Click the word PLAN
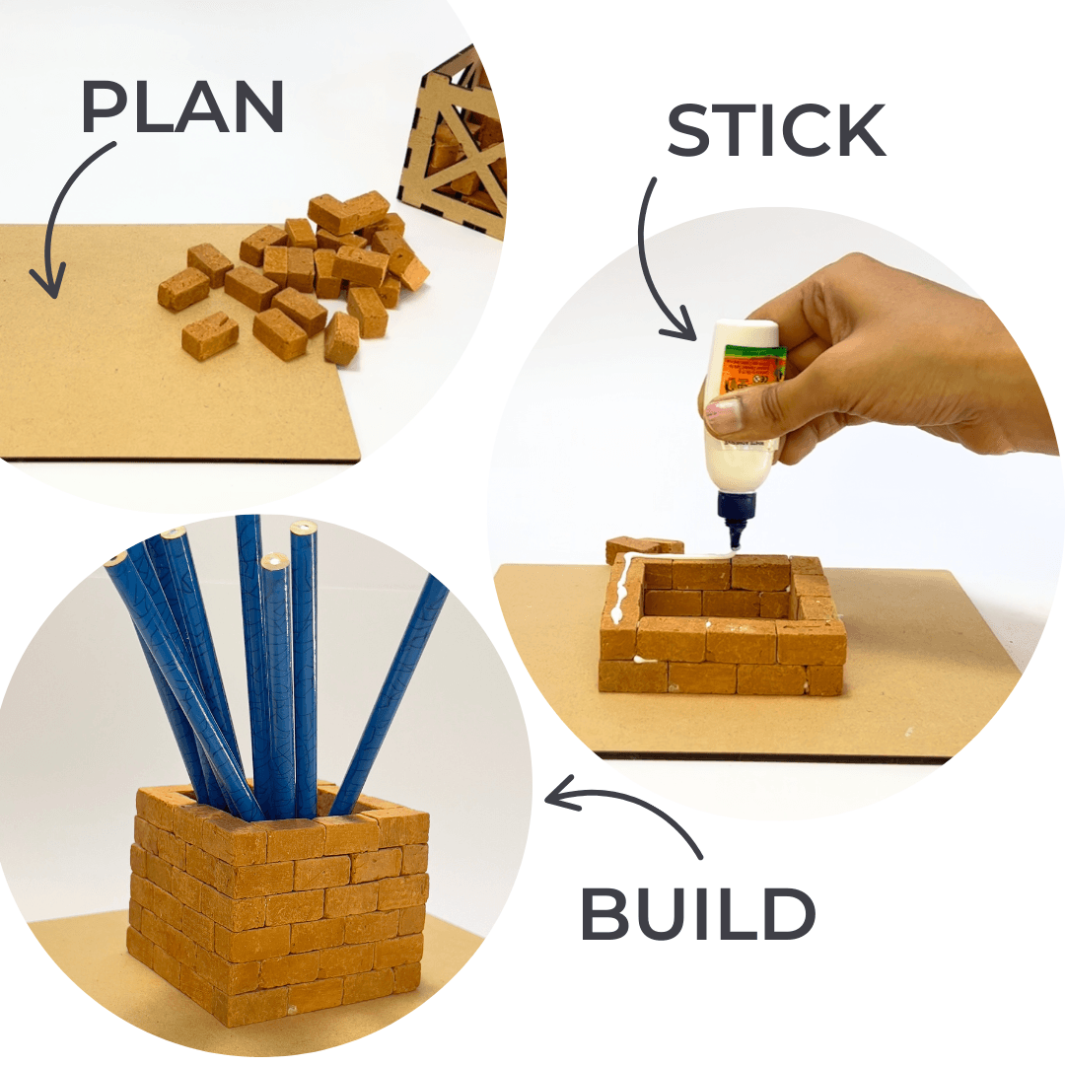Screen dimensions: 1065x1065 [182, 106]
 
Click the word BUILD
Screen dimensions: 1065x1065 [698, 914]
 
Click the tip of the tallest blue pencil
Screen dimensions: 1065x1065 [248, 523]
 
